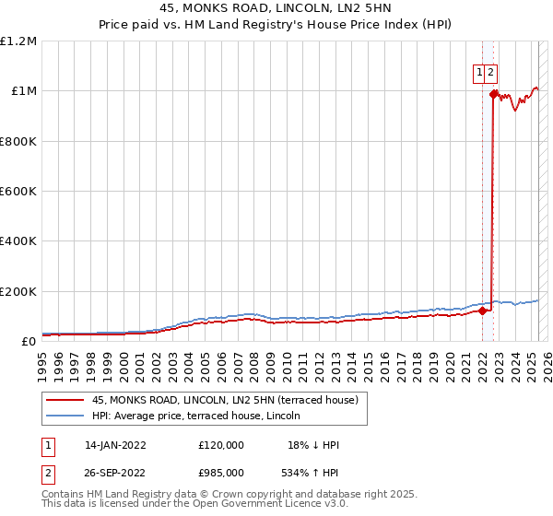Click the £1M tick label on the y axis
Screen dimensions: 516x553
coord(20,90)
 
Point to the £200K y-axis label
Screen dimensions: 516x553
coord(18,291)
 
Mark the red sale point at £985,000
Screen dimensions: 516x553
coord(494,94)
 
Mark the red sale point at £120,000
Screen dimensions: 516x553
coord(482,311)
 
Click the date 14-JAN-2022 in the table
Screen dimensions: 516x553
coord(116,445)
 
